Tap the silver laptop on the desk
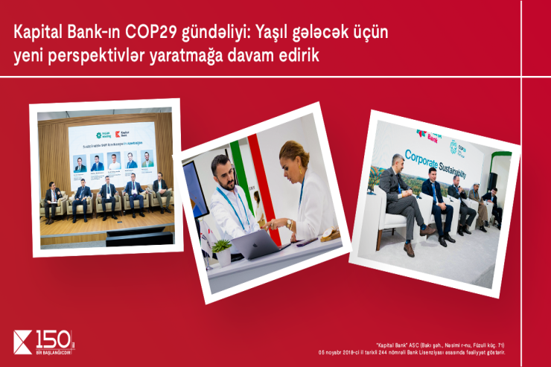tap(257, 245)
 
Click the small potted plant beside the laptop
tap(221, 252)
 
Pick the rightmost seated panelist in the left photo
tap(159, 190)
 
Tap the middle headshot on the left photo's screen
tap(113, 162)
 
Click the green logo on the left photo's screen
tap(99, 134)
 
